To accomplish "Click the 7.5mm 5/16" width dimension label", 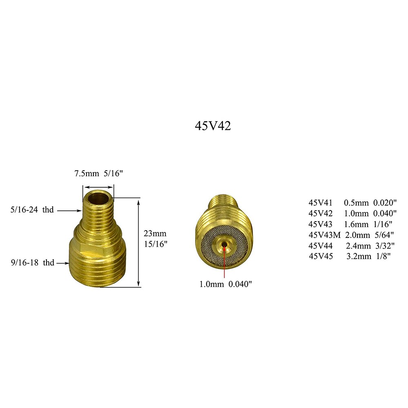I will pyautogui.click(x=98, y=173).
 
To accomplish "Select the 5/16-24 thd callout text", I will pyautogui.click(x=32, y=211).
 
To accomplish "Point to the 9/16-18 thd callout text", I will pyautogui.click(x=32, y=263).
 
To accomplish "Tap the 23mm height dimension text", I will pyautogui.click(x=155, y=234).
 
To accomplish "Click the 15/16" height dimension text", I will pyautogui.click(x=155, y=244).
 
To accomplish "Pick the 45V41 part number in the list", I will pyautogui.click(x=321, y=203).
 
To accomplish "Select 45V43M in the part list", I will pyautogui.click(x=324, y=235).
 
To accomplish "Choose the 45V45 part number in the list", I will pyautogui.click(x=321, y=256).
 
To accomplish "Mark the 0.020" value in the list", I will pyautogui.click(x=385, y=203).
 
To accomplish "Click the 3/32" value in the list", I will pyautogui.click(x=383, y=246).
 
